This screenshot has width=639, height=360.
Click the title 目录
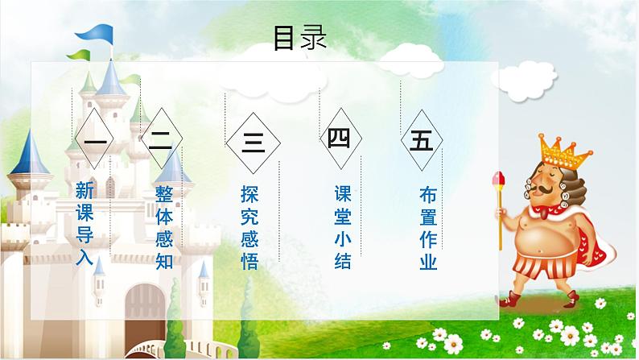(x=299, y=38)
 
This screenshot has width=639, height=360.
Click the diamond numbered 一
(x=95, y=143)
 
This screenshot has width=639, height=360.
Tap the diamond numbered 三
(x=253, y=144)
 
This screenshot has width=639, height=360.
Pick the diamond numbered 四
(x=338, y=139)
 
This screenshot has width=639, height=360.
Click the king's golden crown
(x=560, y=149)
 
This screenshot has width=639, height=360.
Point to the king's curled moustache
(x=548, y=190)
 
